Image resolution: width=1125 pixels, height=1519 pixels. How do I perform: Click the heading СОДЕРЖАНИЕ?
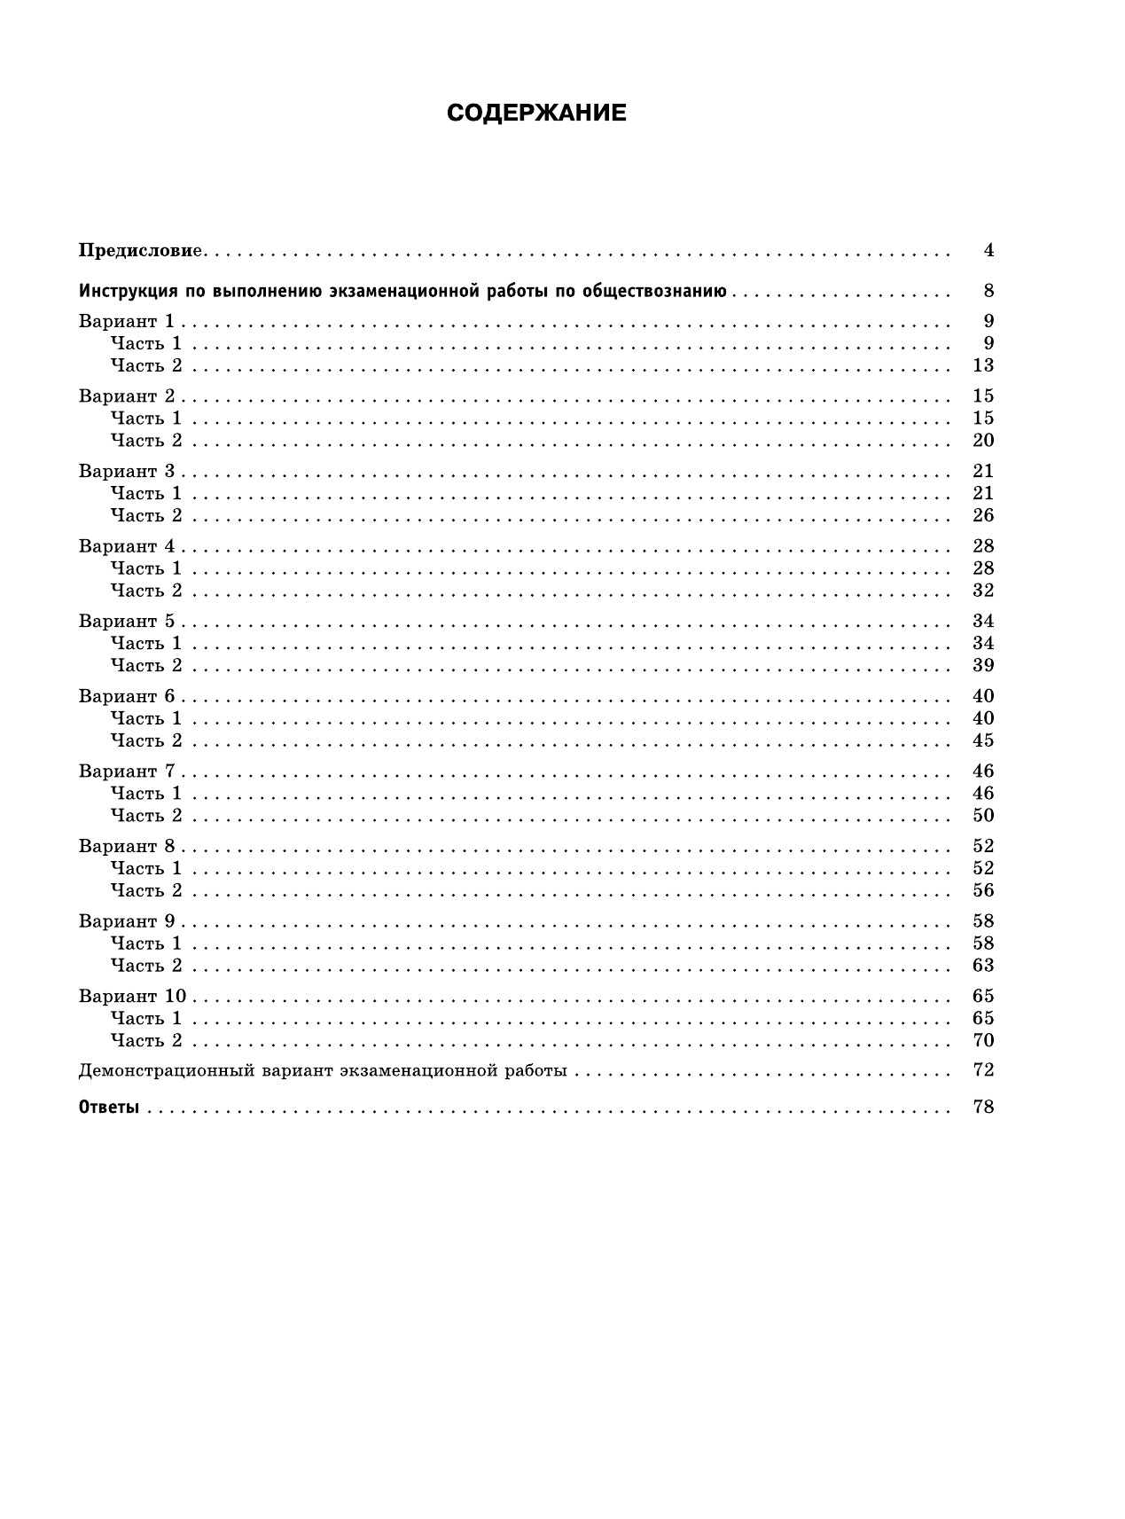[536, 114]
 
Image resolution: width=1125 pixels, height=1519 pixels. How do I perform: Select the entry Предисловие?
[142, 251]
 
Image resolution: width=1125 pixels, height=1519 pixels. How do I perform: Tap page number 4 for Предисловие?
[988, 251]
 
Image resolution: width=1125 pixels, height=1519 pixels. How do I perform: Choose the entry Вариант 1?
[127, 321]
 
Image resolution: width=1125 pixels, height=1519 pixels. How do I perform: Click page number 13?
[983, 365]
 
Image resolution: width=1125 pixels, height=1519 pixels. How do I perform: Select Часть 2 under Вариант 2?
[146, 441]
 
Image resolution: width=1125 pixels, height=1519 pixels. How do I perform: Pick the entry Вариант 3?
[127, 471]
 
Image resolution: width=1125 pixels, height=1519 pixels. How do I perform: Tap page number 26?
[983, 515]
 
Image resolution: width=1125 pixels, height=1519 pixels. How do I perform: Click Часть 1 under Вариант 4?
[146, 568]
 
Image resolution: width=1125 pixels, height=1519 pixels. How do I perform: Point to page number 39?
[983, 665]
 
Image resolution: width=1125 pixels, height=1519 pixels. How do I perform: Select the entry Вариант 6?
[127, 696]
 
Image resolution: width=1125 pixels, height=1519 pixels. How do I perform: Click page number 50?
[983, 815]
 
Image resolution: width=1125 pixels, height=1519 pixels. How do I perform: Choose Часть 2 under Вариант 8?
[146, 890]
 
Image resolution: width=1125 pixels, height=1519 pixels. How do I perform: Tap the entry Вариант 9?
[127, 920]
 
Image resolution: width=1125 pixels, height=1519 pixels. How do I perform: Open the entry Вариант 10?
[132, 996]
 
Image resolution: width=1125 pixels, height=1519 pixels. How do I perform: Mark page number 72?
[983, 1069]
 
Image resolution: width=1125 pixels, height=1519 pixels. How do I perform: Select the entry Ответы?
[109, 1107]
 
